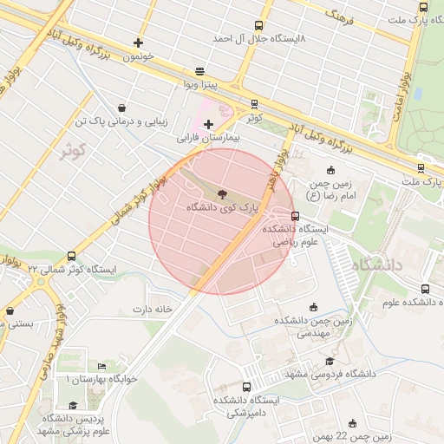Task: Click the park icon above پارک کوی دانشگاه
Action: [x=221, y=194]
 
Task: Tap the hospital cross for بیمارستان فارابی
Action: [x=208, y=124]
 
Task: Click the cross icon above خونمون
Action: [x=138, y=42]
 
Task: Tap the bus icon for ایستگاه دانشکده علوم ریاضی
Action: [x=296, y=216]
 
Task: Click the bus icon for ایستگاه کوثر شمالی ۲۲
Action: [x=70, y=257]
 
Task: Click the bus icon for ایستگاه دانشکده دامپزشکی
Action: [x=247, y=387]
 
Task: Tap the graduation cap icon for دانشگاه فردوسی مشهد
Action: [x=329, y=361]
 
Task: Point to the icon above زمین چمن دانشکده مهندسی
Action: [x=313, y=307]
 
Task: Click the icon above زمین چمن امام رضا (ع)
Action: [x=330, y=170]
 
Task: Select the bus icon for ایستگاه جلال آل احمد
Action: [x=258, y=26]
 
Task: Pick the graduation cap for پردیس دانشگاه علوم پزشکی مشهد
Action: [x=73, y=405]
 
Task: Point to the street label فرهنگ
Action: [x=336, y=15]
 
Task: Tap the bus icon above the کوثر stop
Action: [x=253, y=103]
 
